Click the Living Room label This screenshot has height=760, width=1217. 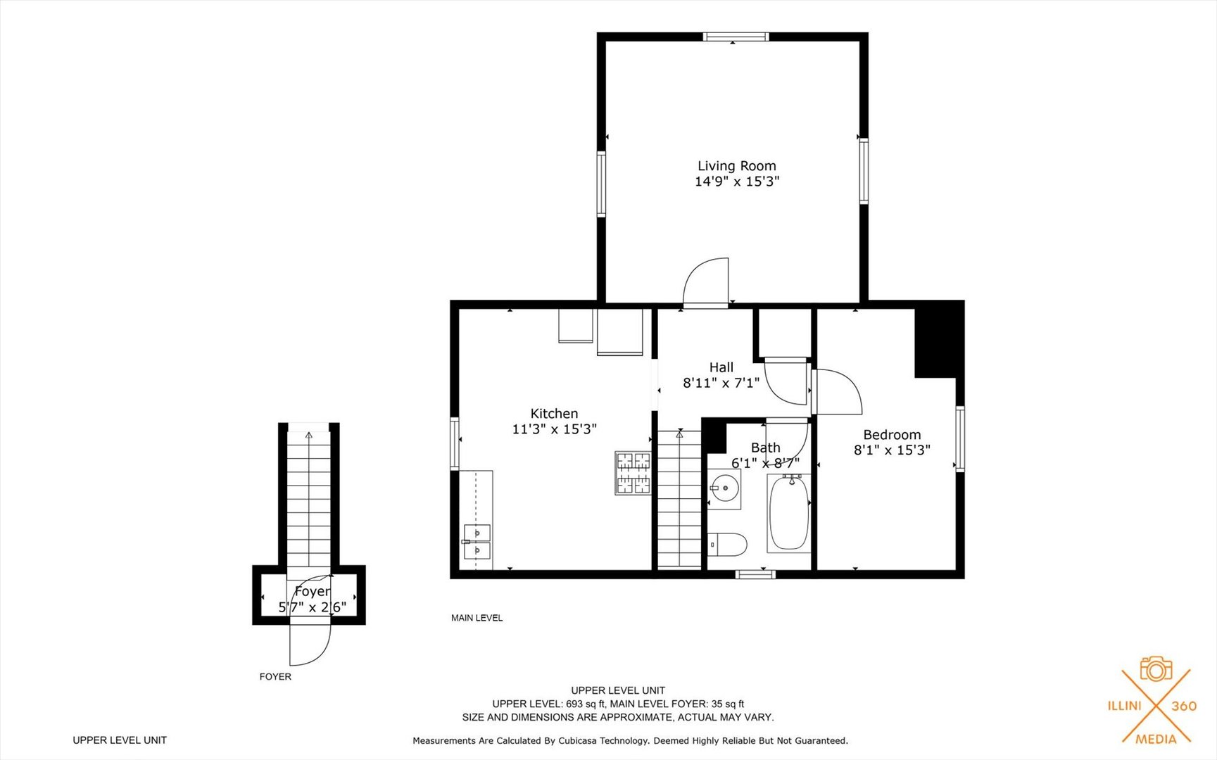736,166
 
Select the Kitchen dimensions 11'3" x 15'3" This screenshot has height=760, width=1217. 554,429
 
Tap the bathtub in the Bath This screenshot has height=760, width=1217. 789,513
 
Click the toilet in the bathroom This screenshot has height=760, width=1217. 728,544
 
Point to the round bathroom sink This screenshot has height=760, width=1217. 724,487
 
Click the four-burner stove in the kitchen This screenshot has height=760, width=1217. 633,473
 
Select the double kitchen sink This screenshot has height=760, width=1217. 478,540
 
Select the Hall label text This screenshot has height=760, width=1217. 721,367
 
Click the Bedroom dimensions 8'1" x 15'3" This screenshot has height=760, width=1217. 892,450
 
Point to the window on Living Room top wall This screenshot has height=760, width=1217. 736,37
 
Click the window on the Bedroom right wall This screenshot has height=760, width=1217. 959,438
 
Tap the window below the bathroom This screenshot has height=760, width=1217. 755,574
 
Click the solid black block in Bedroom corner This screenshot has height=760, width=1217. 938,340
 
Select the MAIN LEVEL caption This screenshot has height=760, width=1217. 477,618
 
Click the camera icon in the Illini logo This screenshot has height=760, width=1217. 1155,669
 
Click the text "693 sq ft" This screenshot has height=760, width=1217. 585,704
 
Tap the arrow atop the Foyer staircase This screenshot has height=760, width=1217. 308,436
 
